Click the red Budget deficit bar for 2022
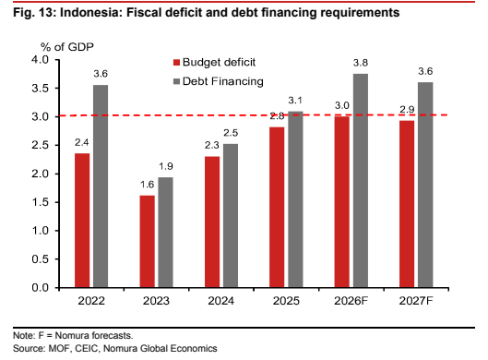click(x=82, y=221)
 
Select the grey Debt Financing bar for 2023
click(x=165, y=233)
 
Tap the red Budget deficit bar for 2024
click(x=212, y=222)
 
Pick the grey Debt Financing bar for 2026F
click(x=361, y=181)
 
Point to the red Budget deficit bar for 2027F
click(x=407, y=204)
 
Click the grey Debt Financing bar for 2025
click(x=295, y=199)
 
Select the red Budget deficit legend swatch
click(x=176, y=63)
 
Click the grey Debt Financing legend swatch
click(x=176, y=81)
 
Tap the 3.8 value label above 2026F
click(x=361, y=63)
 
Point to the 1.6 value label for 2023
click(x=148, y=185)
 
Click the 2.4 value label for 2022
click(x=82, y=142)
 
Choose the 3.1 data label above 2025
click(x=295, y=101)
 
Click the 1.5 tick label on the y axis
click(x=41, y=202)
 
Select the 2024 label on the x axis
click(x=221, y=301)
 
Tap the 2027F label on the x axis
click(x=416, y=301)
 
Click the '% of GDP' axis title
click(x=67, y=47)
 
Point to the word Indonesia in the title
click(x=90, y=12)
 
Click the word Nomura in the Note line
click(x=72, y=335)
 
